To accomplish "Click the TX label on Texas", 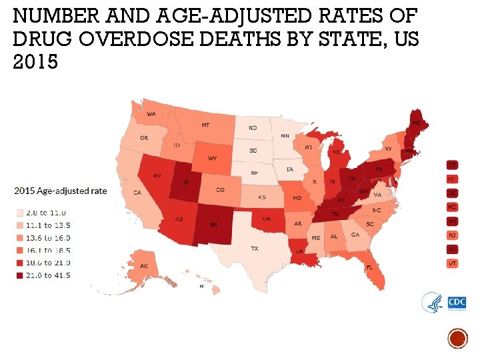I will (x=255, y=249).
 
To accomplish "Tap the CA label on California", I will (x=137, y=193).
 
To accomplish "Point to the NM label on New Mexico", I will (x=213, y=225).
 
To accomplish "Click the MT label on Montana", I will (x=206, y=125).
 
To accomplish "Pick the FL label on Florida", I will (x=369, y=268).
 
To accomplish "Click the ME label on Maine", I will (x=415, y=123).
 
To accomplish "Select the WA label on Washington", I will (x=151, y=114).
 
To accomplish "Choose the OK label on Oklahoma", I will (x=267, y=218).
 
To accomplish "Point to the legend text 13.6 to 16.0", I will (x=47, y=238).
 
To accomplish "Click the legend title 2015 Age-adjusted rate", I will (x=61, y=191).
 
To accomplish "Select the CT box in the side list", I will (x=452, y=165).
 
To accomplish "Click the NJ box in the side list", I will (x=452, y=235).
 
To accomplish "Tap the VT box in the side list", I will (x=452, y=263).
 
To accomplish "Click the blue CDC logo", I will (x=457, y=303).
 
